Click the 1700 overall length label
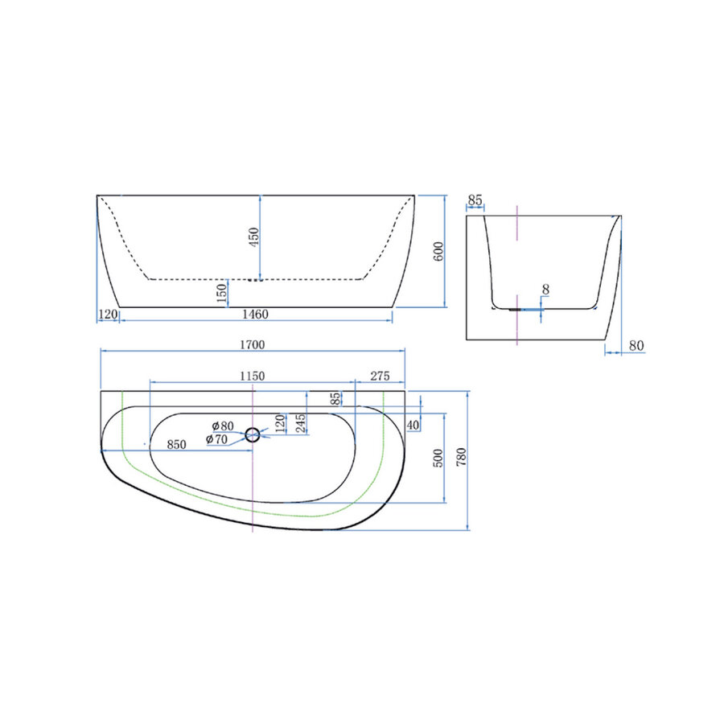coord(252,344)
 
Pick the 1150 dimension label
coord(252,376)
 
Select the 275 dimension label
coord(379,376)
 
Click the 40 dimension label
coord(413,424)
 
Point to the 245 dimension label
coord(300,424)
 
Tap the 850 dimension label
coord(176,444)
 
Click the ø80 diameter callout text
coord(222,426)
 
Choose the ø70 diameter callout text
coord(216,439)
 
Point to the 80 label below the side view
coord(636,346)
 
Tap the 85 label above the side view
coord(475,199)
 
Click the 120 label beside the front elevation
coord(108,314)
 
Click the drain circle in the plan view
coord(253,436)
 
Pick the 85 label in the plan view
coord(335,398)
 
